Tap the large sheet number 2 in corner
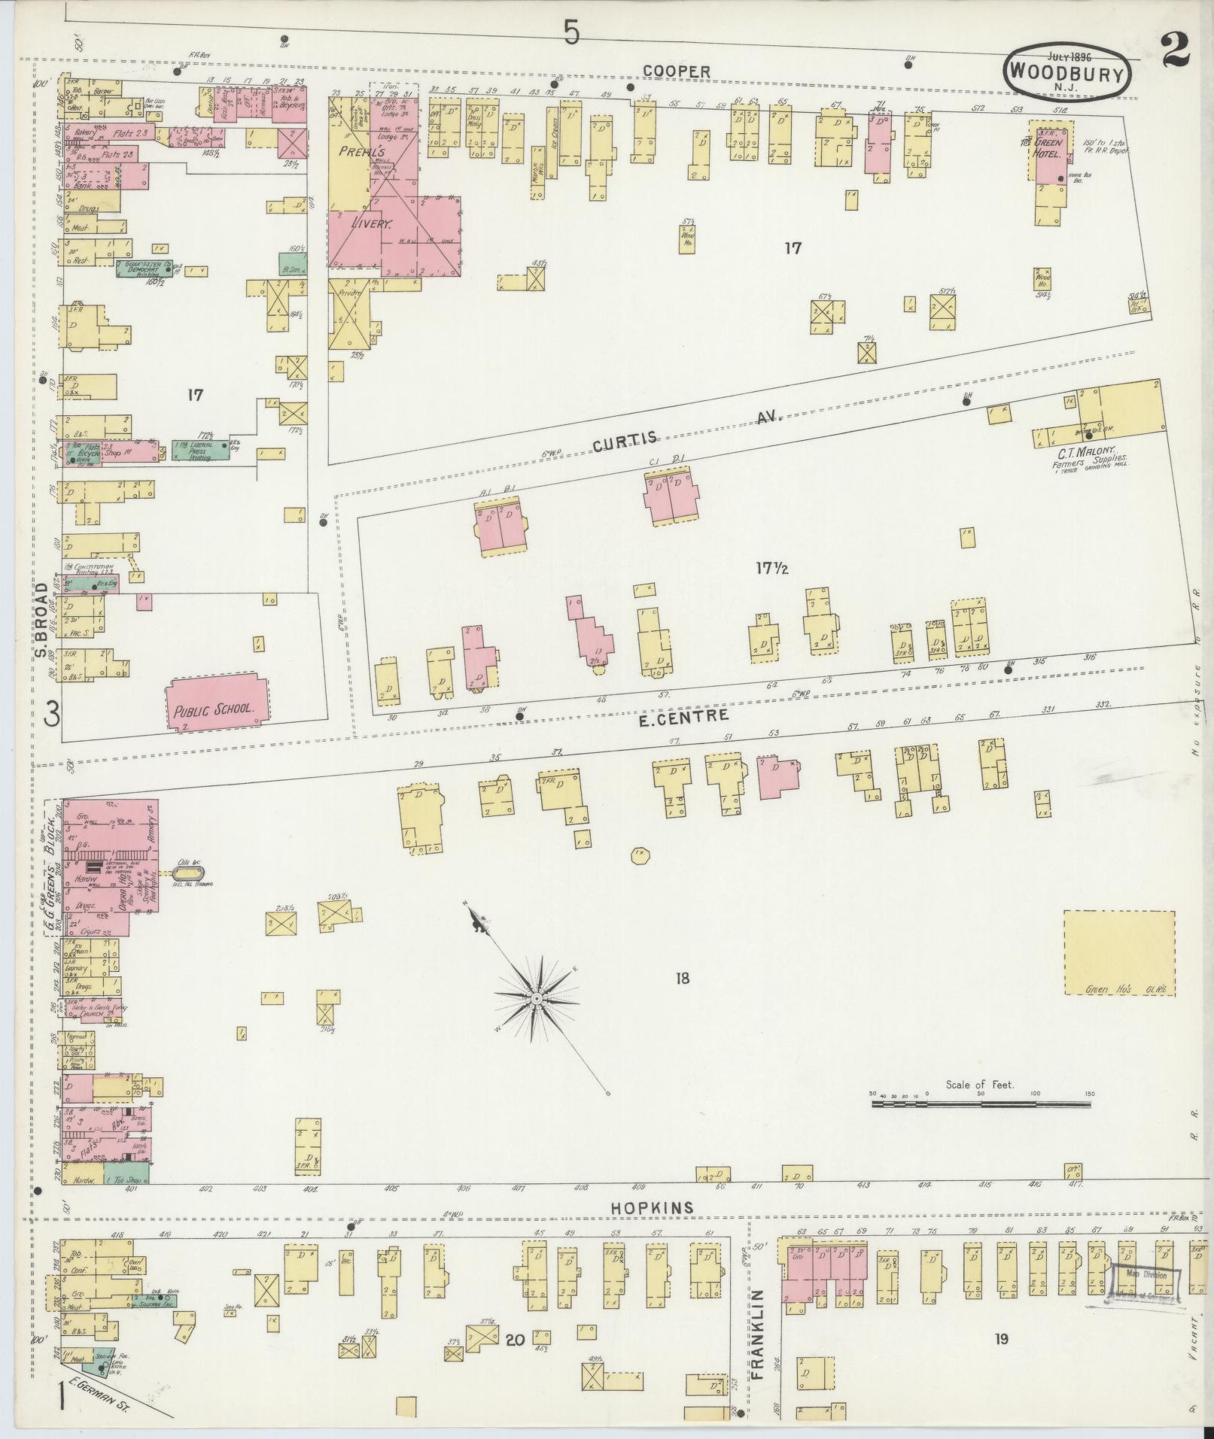pos(1174,52)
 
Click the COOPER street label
pos(676,71)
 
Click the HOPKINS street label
pos(651,1207)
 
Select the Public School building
pos(215,703)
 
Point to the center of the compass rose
pos(537,998)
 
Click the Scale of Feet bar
pos(981,1104)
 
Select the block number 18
pos(683,979)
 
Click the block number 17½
pos(771,569)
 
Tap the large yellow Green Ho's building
pos(1118,953)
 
